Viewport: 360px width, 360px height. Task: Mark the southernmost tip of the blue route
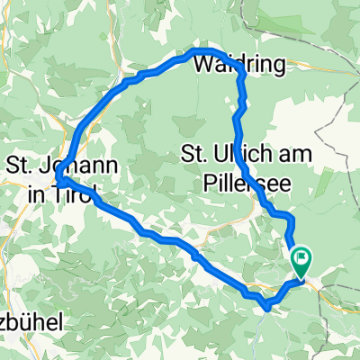[266, 307]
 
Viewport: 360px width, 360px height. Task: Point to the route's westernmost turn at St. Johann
[63, 180]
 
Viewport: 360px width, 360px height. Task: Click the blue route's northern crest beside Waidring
[203, 50]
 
